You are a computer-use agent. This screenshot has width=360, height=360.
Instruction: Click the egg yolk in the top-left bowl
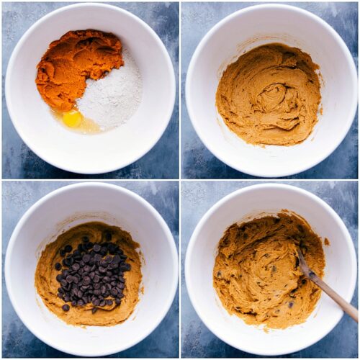(x=72, y=118)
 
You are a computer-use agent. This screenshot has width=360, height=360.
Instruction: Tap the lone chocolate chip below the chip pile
(x=66, y=307)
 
